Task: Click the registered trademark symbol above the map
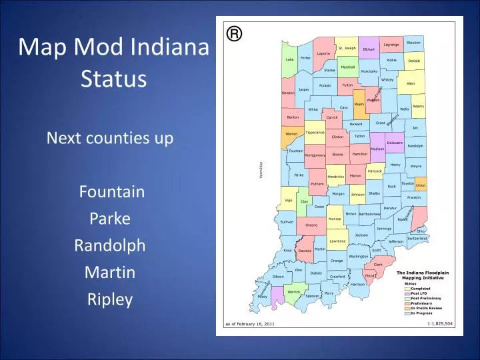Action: (233, 33)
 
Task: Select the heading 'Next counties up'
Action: (110, 138)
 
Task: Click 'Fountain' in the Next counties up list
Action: (112, 192)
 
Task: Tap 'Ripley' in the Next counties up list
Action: (111, 299)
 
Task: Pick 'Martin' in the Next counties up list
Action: (111, 273)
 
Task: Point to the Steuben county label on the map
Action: (413, 43)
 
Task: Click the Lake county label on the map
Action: (289, 59)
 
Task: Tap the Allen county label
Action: (410, 83)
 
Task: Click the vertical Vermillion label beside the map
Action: (262, 170)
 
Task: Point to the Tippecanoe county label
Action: (315, 132)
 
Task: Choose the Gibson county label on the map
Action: (278, 276)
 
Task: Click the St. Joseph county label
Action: (347, 48)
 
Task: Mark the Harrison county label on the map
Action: (357, 284)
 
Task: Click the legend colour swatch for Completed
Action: (407, 289)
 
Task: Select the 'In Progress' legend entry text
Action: (422, 313)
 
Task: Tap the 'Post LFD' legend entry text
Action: (419, 293)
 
